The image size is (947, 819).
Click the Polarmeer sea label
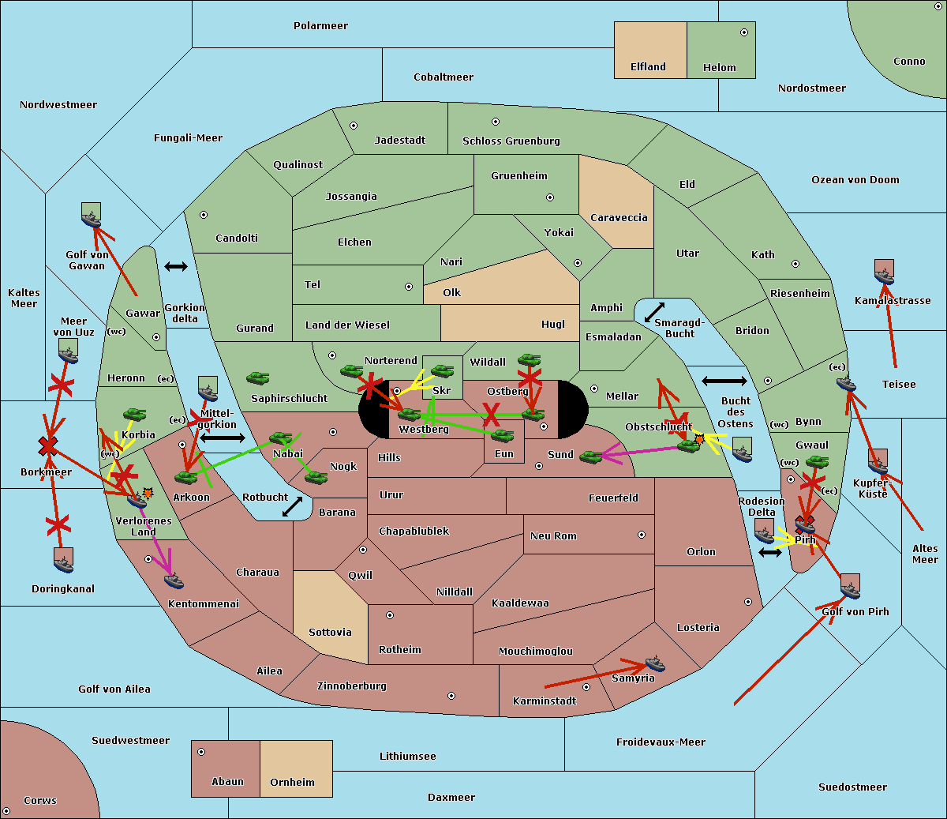click(320, 26)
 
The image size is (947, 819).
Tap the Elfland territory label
click(648, 67)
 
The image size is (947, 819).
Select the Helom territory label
click(719, 68)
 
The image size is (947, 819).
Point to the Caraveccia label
click(619, 218)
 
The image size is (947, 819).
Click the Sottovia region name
click(330, 633)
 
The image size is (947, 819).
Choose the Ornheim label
click(292, 783)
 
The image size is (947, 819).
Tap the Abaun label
click(227, 782)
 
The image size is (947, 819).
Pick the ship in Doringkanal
click(64, 562)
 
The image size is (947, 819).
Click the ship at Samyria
click(655, 663)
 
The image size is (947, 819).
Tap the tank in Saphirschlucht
click(257, 378)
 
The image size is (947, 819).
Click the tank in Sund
click(590, 456)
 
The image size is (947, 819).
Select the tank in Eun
click(503, 434)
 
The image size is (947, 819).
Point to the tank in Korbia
click(134, 414)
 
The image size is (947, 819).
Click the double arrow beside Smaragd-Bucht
click(654, 313)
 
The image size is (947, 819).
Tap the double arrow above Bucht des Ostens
click(724, 381)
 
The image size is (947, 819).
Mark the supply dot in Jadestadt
click(354, 126)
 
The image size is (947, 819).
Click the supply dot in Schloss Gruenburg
click(496, 122)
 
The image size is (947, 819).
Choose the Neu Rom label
click(553, 536)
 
